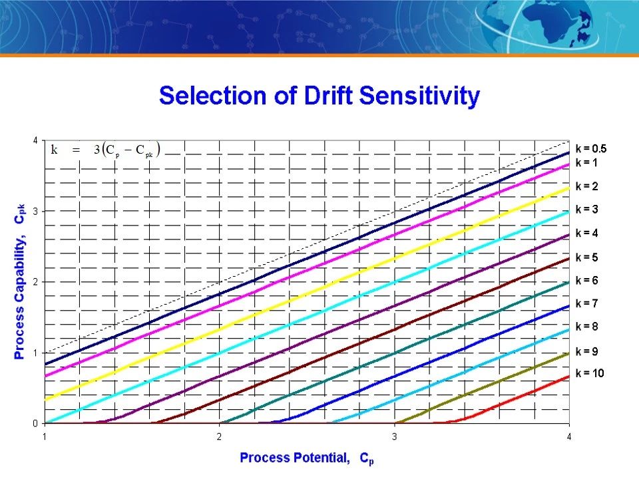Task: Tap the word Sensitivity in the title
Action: click(419, 96)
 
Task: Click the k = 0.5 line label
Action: click(591, 148)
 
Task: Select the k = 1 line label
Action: click(586, 162)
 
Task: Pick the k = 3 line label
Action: click(587, 210)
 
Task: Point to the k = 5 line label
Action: click(587, 257)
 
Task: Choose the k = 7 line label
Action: click(587, 303)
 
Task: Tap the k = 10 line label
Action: click(590, 373)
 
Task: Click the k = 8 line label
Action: click(587, 327)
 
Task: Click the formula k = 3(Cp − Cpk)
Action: click(106, 150)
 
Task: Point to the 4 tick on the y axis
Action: click(35, 140)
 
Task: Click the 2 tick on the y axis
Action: click(35, 282)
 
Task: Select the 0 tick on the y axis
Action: click(35, 424)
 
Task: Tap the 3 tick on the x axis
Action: click(394, 437)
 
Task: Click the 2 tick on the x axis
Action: click(219, 437)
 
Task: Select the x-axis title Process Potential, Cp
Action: click(307, 458)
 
